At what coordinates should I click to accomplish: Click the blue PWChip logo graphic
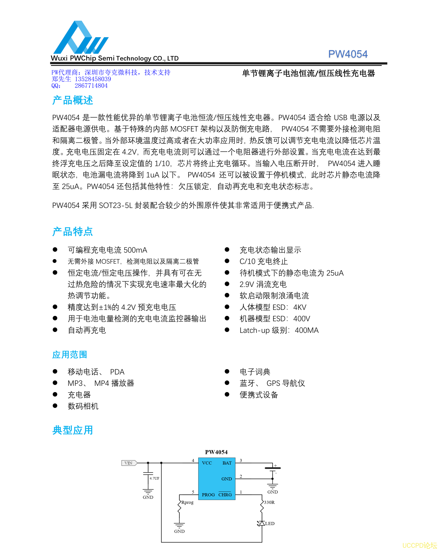click(80, 38)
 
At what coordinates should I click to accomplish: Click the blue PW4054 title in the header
click(348, 54)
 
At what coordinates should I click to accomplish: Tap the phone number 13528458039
click(93, 79)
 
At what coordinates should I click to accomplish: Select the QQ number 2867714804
click(91, 86)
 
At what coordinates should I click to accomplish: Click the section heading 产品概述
click(72, 100)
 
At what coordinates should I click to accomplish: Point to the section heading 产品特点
click(72, 231)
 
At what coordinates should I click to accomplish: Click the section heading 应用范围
click(70, 354)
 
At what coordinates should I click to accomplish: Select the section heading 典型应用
click(72, 430)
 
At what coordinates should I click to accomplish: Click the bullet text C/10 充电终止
click(264, 261)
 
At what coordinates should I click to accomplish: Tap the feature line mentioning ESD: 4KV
click(273, 307)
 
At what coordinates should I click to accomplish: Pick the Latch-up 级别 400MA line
click(279, 330)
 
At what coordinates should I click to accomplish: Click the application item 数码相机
click(83, 406)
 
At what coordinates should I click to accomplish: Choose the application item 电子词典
click(255, 372)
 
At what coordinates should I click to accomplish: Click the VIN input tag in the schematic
click(129, 463)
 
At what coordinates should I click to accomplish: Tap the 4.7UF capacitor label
click(154, 478)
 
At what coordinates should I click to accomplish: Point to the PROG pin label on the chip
click(208, 495)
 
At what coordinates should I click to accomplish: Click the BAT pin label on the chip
click(227, 463)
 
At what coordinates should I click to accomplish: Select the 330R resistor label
click(269, 502)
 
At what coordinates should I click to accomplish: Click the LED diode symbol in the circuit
click(262, 523)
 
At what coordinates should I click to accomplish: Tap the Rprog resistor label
click(187, 502)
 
